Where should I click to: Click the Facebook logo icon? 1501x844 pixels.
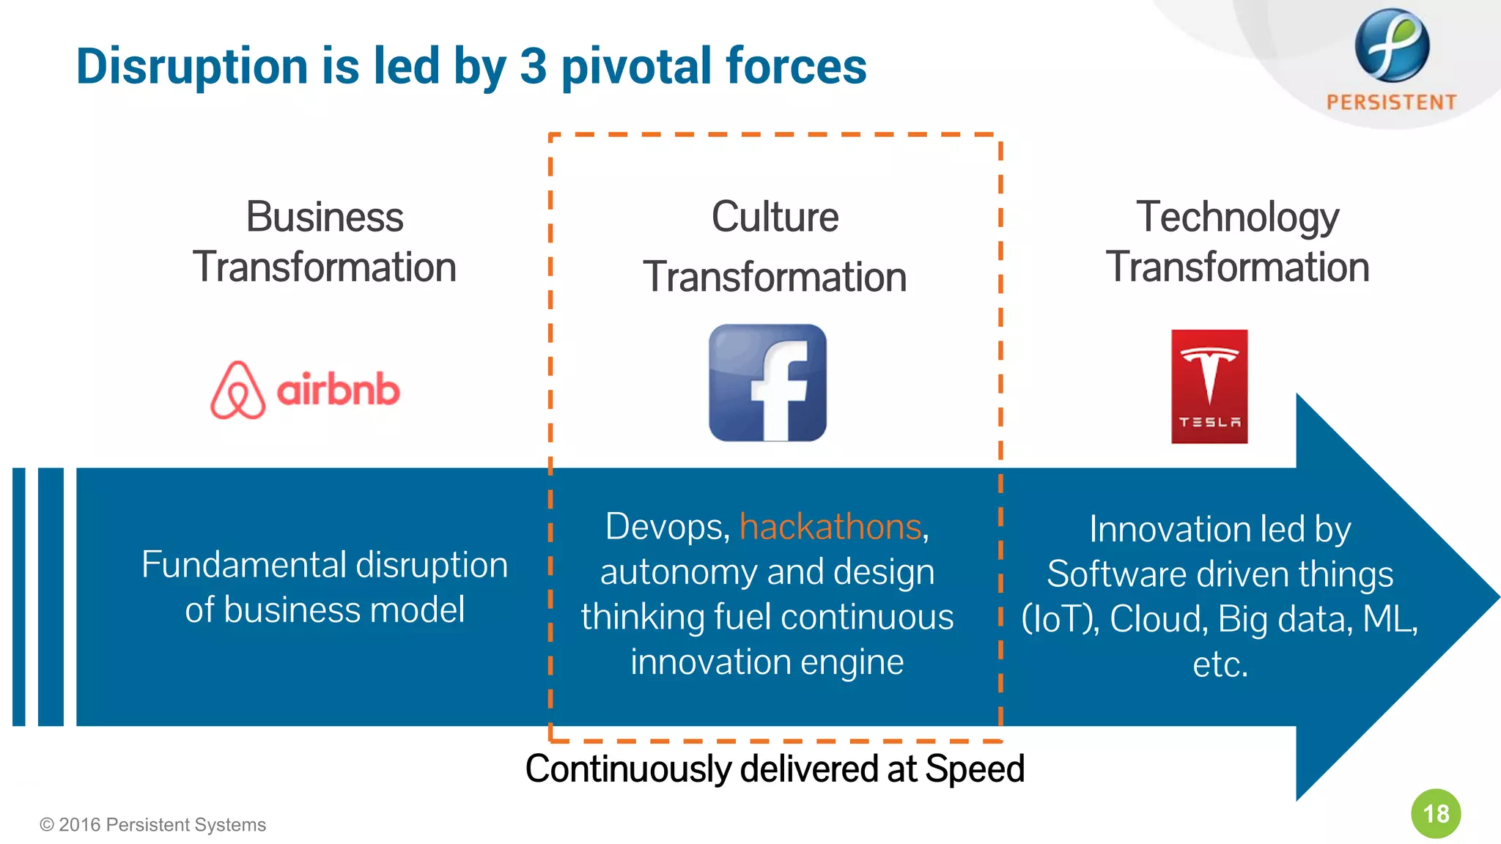[767, 382]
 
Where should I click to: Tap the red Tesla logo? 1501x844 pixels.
[1209, 386]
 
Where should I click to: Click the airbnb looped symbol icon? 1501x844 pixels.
[237, 390]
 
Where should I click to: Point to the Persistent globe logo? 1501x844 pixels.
[1391, 45]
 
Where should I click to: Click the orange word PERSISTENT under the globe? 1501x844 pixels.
[1391, 102]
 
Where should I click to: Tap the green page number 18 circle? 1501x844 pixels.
[1436, 813]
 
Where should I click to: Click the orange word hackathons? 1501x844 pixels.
[830, 527]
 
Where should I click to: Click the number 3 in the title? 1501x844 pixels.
[533, 66]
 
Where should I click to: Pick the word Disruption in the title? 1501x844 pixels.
[192, 66]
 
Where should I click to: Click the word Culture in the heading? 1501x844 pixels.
[775, 217]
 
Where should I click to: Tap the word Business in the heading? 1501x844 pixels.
[324, 217]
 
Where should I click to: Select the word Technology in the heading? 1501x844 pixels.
[1237, 217]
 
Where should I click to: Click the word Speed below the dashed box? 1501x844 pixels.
[974, 769]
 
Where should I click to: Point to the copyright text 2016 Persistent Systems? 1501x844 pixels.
[153, 825]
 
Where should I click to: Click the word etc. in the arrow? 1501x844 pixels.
[1220, 665]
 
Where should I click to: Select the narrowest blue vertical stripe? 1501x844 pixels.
[19, 596]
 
